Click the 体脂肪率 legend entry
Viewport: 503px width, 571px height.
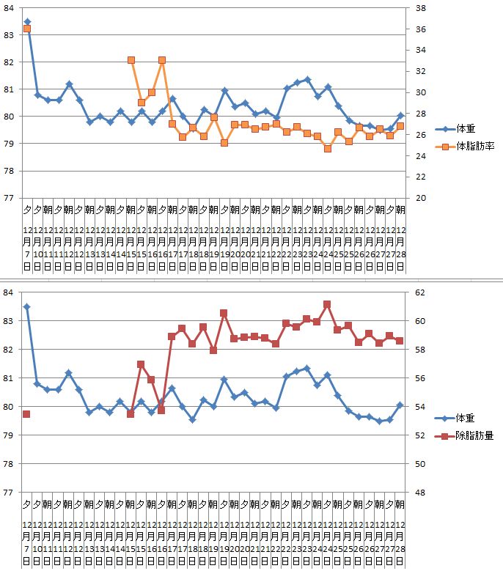tap(474, 147)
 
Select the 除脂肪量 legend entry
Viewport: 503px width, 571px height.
tap(474, 435)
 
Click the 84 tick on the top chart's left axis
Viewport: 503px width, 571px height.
tap(10, 8)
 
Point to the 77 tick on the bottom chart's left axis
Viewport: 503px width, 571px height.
tap(10, 492)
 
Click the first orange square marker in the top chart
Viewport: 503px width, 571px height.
tap(27, 29)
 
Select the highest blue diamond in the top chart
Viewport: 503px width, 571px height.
tap(27, 22)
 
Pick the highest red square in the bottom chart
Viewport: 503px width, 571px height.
tap(327, 304)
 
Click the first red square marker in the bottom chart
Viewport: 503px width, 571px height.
tap(26, 414)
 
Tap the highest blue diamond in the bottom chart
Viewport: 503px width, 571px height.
tap(27, 307)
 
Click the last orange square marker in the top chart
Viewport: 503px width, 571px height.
tap(400, 126)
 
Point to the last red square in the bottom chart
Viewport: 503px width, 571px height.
tap(400, 340)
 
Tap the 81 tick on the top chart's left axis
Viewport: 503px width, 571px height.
tap(10, 89)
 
